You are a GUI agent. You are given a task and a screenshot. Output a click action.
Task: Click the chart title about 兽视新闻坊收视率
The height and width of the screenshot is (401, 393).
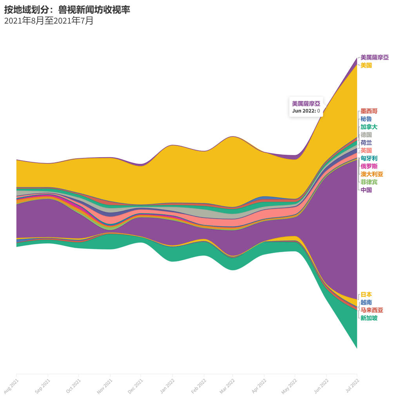pos(67,9)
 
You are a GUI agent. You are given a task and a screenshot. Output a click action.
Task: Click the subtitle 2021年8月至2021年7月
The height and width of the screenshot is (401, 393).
pos(49,20)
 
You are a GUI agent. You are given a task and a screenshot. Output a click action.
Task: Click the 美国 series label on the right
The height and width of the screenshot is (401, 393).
pos(366,65)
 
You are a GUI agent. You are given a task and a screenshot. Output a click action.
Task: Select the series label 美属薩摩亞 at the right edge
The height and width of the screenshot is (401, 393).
pos(375,57)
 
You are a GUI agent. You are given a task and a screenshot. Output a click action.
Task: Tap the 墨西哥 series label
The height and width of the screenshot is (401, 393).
pos(369,111)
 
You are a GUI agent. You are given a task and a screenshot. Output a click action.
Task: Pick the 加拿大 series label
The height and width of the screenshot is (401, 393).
pos(369,127)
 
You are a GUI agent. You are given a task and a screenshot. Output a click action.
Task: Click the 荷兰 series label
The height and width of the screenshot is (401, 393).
pos(366,142)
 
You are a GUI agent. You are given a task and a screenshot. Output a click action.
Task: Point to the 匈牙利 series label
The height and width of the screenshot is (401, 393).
pos(369,158)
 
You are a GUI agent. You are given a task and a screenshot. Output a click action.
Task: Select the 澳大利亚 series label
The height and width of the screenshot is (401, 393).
pos(371,174)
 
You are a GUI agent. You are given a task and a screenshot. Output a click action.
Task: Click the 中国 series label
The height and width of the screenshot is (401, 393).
pos(366,190)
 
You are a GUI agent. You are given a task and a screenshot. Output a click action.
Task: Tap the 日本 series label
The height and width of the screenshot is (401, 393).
pos(366,294)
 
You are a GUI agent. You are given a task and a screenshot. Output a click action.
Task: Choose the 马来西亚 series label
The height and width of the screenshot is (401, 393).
pos(371,310)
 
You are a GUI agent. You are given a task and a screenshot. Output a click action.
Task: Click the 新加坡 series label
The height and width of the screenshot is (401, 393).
pos(369,318)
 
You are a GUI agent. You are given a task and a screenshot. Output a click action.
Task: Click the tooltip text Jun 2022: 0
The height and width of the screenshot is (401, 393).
pos(306,111)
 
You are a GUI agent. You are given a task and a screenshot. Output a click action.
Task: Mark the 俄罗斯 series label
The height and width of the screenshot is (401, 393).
pos(369,166)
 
